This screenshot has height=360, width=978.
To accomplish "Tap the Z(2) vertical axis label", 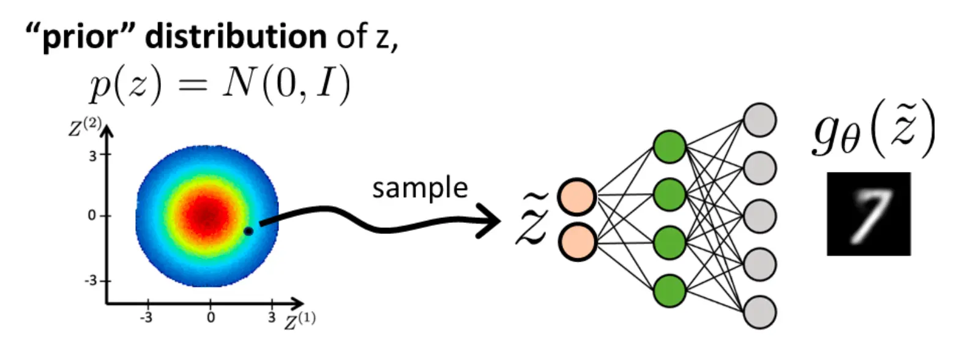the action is [x=84, y=127].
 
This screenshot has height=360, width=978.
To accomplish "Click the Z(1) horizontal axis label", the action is [x=300, y=321].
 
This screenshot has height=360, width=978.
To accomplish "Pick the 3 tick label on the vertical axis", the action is [x=92, y=156].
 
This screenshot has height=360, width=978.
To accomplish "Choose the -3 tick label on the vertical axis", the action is [x=91, y=280].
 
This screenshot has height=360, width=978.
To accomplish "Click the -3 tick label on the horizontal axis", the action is [x=146, y=317].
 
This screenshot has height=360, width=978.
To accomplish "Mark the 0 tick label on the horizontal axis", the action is [x=211, y=317].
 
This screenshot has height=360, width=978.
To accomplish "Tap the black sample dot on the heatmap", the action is [x=248, y=231].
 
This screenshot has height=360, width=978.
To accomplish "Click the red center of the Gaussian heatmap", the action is [x=207, y=215].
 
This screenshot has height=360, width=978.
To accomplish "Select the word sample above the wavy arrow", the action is [x=420, y=188].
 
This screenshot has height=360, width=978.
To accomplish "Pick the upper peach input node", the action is [x=577, y=197].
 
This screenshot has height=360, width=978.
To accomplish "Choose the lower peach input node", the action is [x=577, y=242].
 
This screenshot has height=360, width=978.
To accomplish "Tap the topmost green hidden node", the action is [x=670, y=146].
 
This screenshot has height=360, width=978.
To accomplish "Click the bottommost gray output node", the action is [x=760, y=312].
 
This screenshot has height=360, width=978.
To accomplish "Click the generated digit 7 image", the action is [x=869, y=214].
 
